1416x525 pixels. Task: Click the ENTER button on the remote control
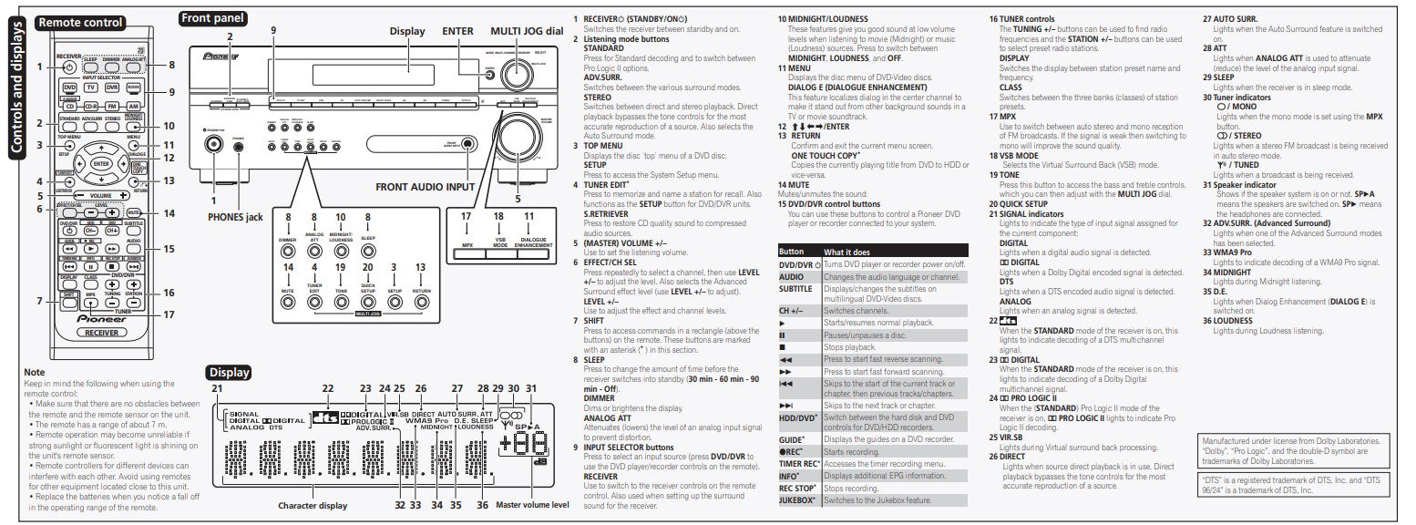click(100, 163)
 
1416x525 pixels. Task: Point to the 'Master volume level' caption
click(533, 505)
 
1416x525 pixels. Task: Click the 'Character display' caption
click(313, 505)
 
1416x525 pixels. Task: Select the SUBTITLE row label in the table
click(795, 289)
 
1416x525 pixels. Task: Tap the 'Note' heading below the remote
click(34, 372)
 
